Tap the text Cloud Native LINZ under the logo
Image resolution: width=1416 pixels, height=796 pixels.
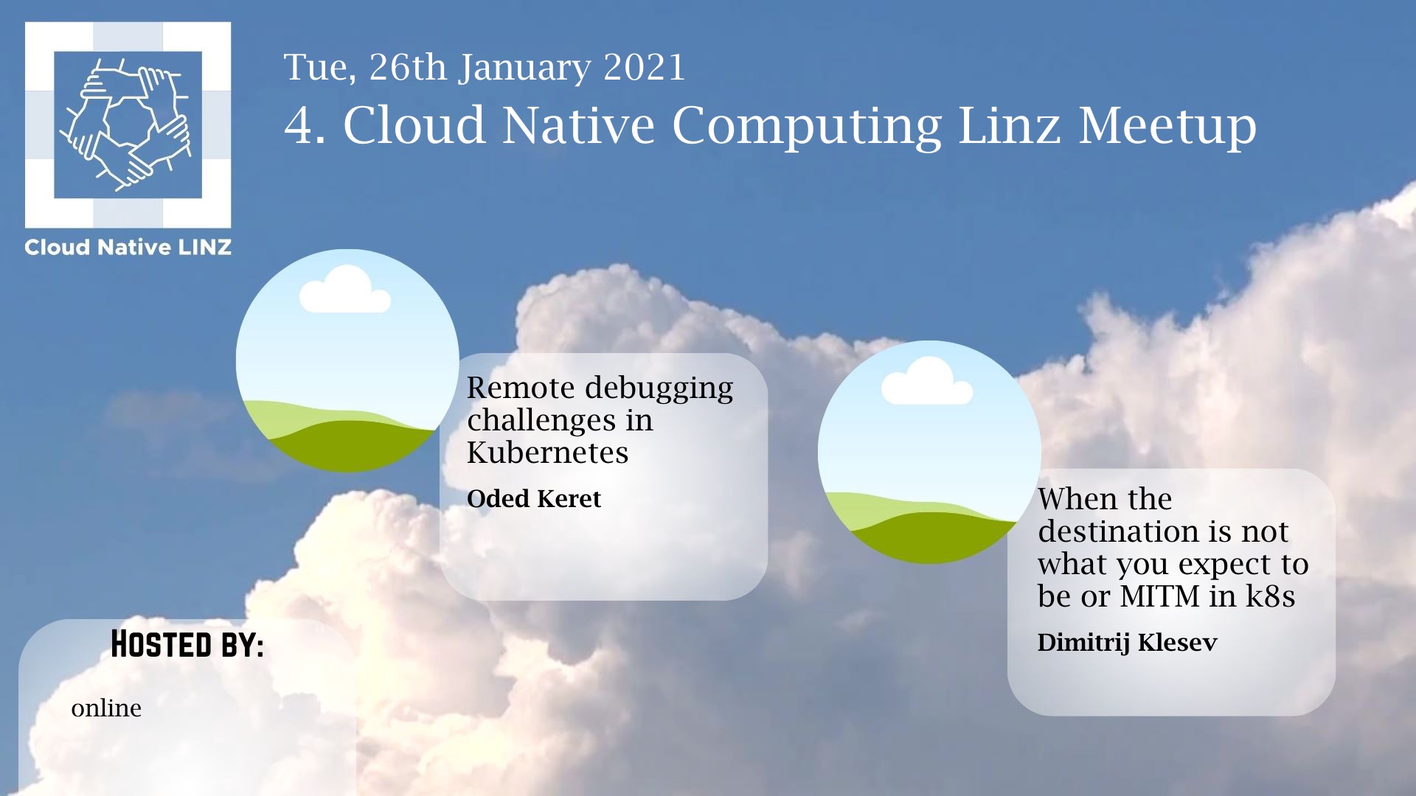tap(128, 248)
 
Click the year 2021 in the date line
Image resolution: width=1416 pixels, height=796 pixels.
tap(645, 67)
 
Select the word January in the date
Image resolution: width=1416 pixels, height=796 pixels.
tap(525, 69)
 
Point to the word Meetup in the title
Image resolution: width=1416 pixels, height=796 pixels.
tap(1167, 126)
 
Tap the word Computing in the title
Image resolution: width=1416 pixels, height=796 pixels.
tap(807, 126)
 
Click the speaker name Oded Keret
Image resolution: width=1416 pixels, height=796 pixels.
tap(534, 499)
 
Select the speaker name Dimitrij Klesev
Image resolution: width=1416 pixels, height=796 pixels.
tap(1127, 643)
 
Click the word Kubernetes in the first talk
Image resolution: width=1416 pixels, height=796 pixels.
tap(548, 453)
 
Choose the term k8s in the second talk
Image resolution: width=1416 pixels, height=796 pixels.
tap(1270, 596)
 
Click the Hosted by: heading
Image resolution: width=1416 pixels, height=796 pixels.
tap(187, 644)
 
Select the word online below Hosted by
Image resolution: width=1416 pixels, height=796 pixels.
tap(106, 708)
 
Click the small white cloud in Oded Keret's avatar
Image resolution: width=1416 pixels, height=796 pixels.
tap(344, 290)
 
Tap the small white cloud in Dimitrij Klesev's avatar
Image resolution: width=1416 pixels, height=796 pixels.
tap(927, 381)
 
